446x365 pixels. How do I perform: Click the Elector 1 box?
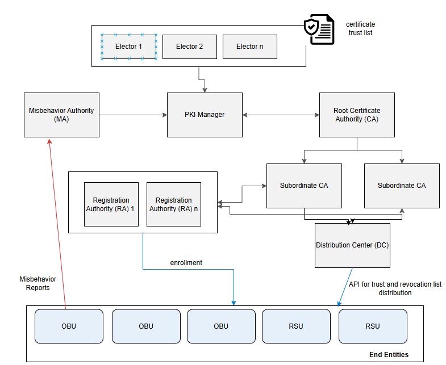129,47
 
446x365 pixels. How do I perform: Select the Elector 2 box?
189,47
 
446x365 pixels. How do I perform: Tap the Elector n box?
249,47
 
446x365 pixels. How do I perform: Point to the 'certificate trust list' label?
361,28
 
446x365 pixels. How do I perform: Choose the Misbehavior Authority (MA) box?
61,115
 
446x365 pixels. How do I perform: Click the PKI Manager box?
205,115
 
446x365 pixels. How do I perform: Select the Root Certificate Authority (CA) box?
357,115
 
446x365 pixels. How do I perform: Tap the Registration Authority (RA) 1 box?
111,204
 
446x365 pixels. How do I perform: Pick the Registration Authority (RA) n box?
174,204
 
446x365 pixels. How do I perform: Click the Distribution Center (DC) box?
352,245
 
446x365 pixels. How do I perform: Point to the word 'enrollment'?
186,263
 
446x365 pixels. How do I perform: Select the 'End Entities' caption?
389,355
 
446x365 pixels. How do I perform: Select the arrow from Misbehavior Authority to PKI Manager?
133,115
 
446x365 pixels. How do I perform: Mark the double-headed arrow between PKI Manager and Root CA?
281,115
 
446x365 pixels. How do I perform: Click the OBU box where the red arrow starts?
69,326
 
